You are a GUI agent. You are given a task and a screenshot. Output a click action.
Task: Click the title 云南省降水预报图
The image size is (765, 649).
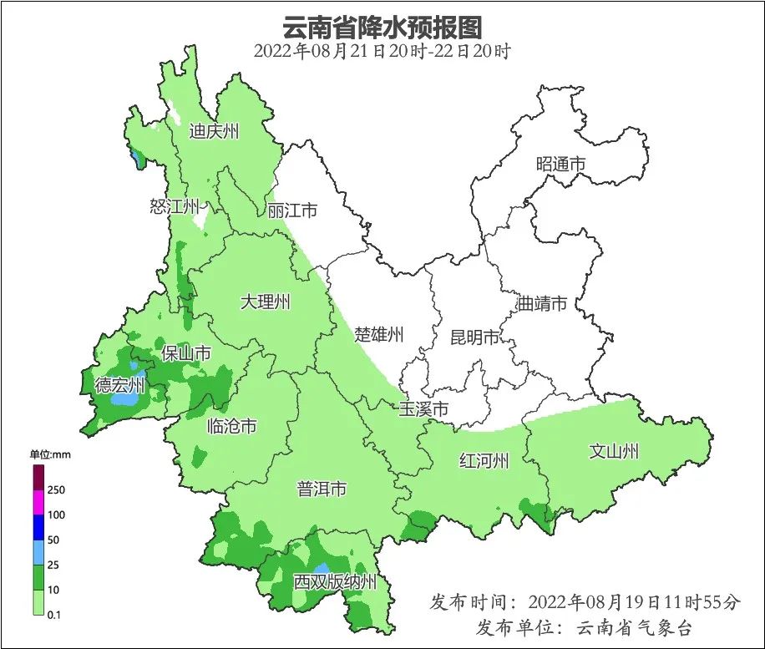point(382,27)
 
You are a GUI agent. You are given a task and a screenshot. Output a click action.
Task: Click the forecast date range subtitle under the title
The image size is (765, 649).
point(382,51)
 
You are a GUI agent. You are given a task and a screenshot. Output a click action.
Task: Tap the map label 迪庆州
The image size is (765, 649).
point(214,131)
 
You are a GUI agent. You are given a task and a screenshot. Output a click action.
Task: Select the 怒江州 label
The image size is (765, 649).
point(175,206)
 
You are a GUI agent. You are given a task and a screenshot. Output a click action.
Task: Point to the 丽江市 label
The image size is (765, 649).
point(292,211)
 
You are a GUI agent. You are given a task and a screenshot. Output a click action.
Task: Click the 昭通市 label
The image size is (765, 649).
point(560,165)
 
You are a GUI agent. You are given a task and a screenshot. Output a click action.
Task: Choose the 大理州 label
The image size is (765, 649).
point(265,302)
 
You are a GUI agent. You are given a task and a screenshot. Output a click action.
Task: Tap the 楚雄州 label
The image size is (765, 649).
point(378,335)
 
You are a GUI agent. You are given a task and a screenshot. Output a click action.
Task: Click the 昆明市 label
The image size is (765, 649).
point(474,337)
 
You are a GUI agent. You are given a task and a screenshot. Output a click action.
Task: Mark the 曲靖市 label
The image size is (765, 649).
point(542,303)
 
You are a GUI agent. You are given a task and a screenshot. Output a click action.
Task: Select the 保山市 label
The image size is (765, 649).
point(186,353)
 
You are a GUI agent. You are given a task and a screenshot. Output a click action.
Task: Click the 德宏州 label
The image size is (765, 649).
point(119,385)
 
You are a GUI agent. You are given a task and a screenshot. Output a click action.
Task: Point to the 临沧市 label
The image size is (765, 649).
point(231,427)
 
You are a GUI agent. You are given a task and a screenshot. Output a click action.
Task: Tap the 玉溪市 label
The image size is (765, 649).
point(423,410)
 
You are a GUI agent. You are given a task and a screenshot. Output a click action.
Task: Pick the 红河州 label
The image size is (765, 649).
point(484,460)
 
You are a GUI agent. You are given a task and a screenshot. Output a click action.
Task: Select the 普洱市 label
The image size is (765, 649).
point(322,489)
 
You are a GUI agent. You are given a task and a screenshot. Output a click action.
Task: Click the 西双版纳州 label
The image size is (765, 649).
point(334,582)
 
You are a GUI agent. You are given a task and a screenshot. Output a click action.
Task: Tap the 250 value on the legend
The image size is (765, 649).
point(57,489)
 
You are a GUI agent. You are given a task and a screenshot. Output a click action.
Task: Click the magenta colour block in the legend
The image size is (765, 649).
point(38,503)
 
